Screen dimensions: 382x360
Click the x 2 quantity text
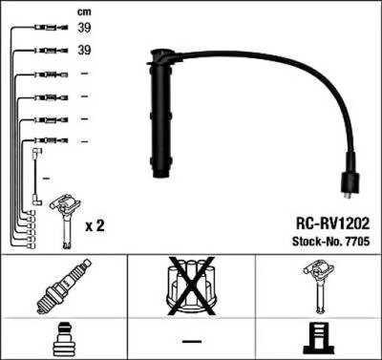coord(94,226)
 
